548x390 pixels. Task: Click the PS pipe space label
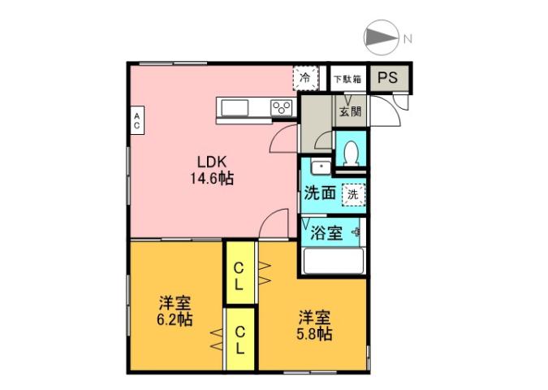point(387,79)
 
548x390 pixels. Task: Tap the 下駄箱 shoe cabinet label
point(347,79)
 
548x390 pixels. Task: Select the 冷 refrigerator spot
point(305,78)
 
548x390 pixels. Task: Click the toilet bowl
point(352,154)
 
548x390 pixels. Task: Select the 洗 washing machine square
point(352,194)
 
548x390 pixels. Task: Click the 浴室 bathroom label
point(327,233)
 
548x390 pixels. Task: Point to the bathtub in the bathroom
point(332,262)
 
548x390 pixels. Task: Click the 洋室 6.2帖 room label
point(175,311)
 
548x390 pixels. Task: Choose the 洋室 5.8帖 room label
point(313,325)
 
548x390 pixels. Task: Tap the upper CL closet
point(240,276)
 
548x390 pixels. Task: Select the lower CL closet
point(240,340)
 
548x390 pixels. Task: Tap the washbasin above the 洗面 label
point(320,169)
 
